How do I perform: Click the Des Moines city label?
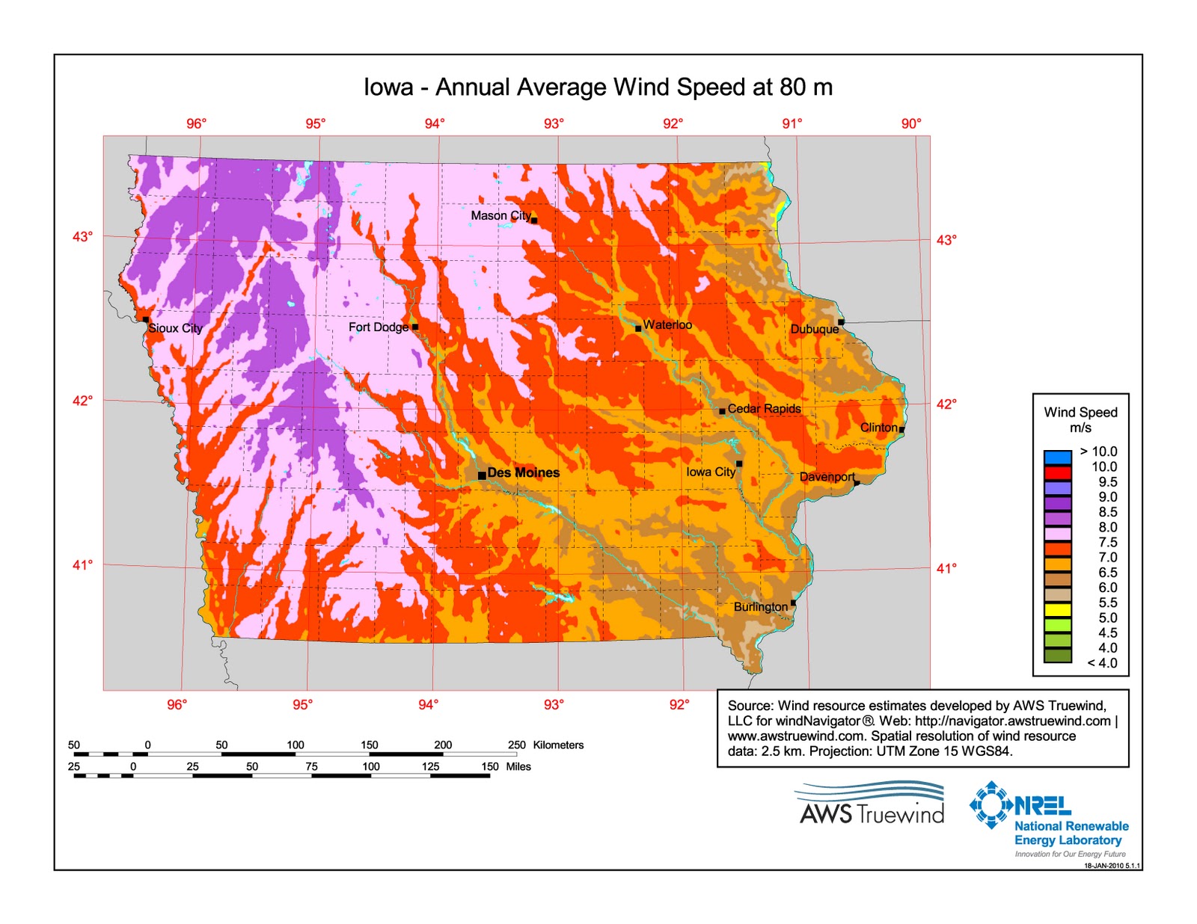coord(523,472)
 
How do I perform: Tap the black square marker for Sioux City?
coord(146,319)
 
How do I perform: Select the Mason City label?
coord(500,215)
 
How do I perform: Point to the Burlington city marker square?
coord(793,603)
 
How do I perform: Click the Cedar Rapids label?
coord(764,408)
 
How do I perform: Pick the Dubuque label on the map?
coord(814,329)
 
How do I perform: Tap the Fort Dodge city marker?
coord(415,327)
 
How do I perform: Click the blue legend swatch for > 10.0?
coord(1057,457)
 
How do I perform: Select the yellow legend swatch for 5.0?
coord(1057,609)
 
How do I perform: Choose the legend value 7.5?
coord(1107,542)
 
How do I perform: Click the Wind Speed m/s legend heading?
coord(1080,419)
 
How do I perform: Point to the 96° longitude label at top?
coord(196,123)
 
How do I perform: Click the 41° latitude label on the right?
coord(946,568)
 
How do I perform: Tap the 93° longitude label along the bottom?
coord(554,704)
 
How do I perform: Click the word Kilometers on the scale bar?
coord(558,745)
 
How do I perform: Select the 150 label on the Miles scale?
coord(489,766)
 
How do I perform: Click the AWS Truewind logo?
coord(872,804)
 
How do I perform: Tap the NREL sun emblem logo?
coord(992,804)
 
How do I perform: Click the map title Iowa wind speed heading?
coord(598,87)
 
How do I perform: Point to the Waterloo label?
coord(667,324)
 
